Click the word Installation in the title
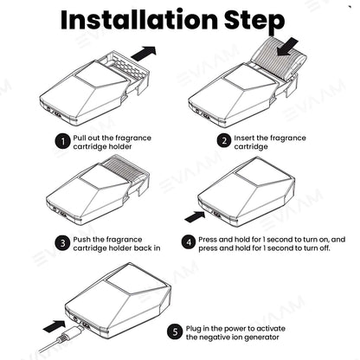[138, 19]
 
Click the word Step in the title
[254, 22]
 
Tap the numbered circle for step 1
[62, 141]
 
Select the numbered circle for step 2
[224, 140]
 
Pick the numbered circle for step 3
[62, 243]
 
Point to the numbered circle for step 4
[189, 241]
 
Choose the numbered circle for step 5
[175, 331]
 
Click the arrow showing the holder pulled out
[144, 53]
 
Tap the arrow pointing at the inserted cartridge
[287, 47]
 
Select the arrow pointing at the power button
[195, 216]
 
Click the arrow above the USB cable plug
[55, 325]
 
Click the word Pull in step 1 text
[80, 138]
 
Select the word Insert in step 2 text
[244, 138]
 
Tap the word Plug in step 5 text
[194, 329]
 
